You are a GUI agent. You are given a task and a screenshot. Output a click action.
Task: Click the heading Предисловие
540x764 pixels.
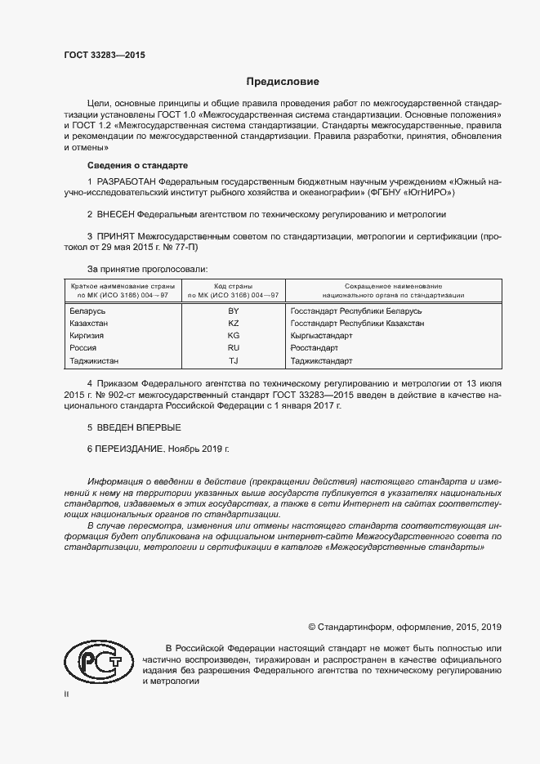tap(283, 82)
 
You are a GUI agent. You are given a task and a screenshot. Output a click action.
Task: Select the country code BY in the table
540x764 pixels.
tap(233, 311)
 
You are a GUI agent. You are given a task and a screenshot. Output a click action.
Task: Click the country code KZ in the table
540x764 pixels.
tap(233, 324)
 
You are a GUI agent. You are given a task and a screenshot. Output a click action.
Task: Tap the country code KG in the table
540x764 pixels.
tap(233, 336)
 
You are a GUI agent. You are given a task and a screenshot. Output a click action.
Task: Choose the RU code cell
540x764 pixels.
tap(233, 348)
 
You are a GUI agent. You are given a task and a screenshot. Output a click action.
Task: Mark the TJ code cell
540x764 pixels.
tap(233, 360)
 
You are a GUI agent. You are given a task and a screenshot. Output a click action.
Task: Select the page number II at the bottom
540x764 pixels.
tap(67, 695)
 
